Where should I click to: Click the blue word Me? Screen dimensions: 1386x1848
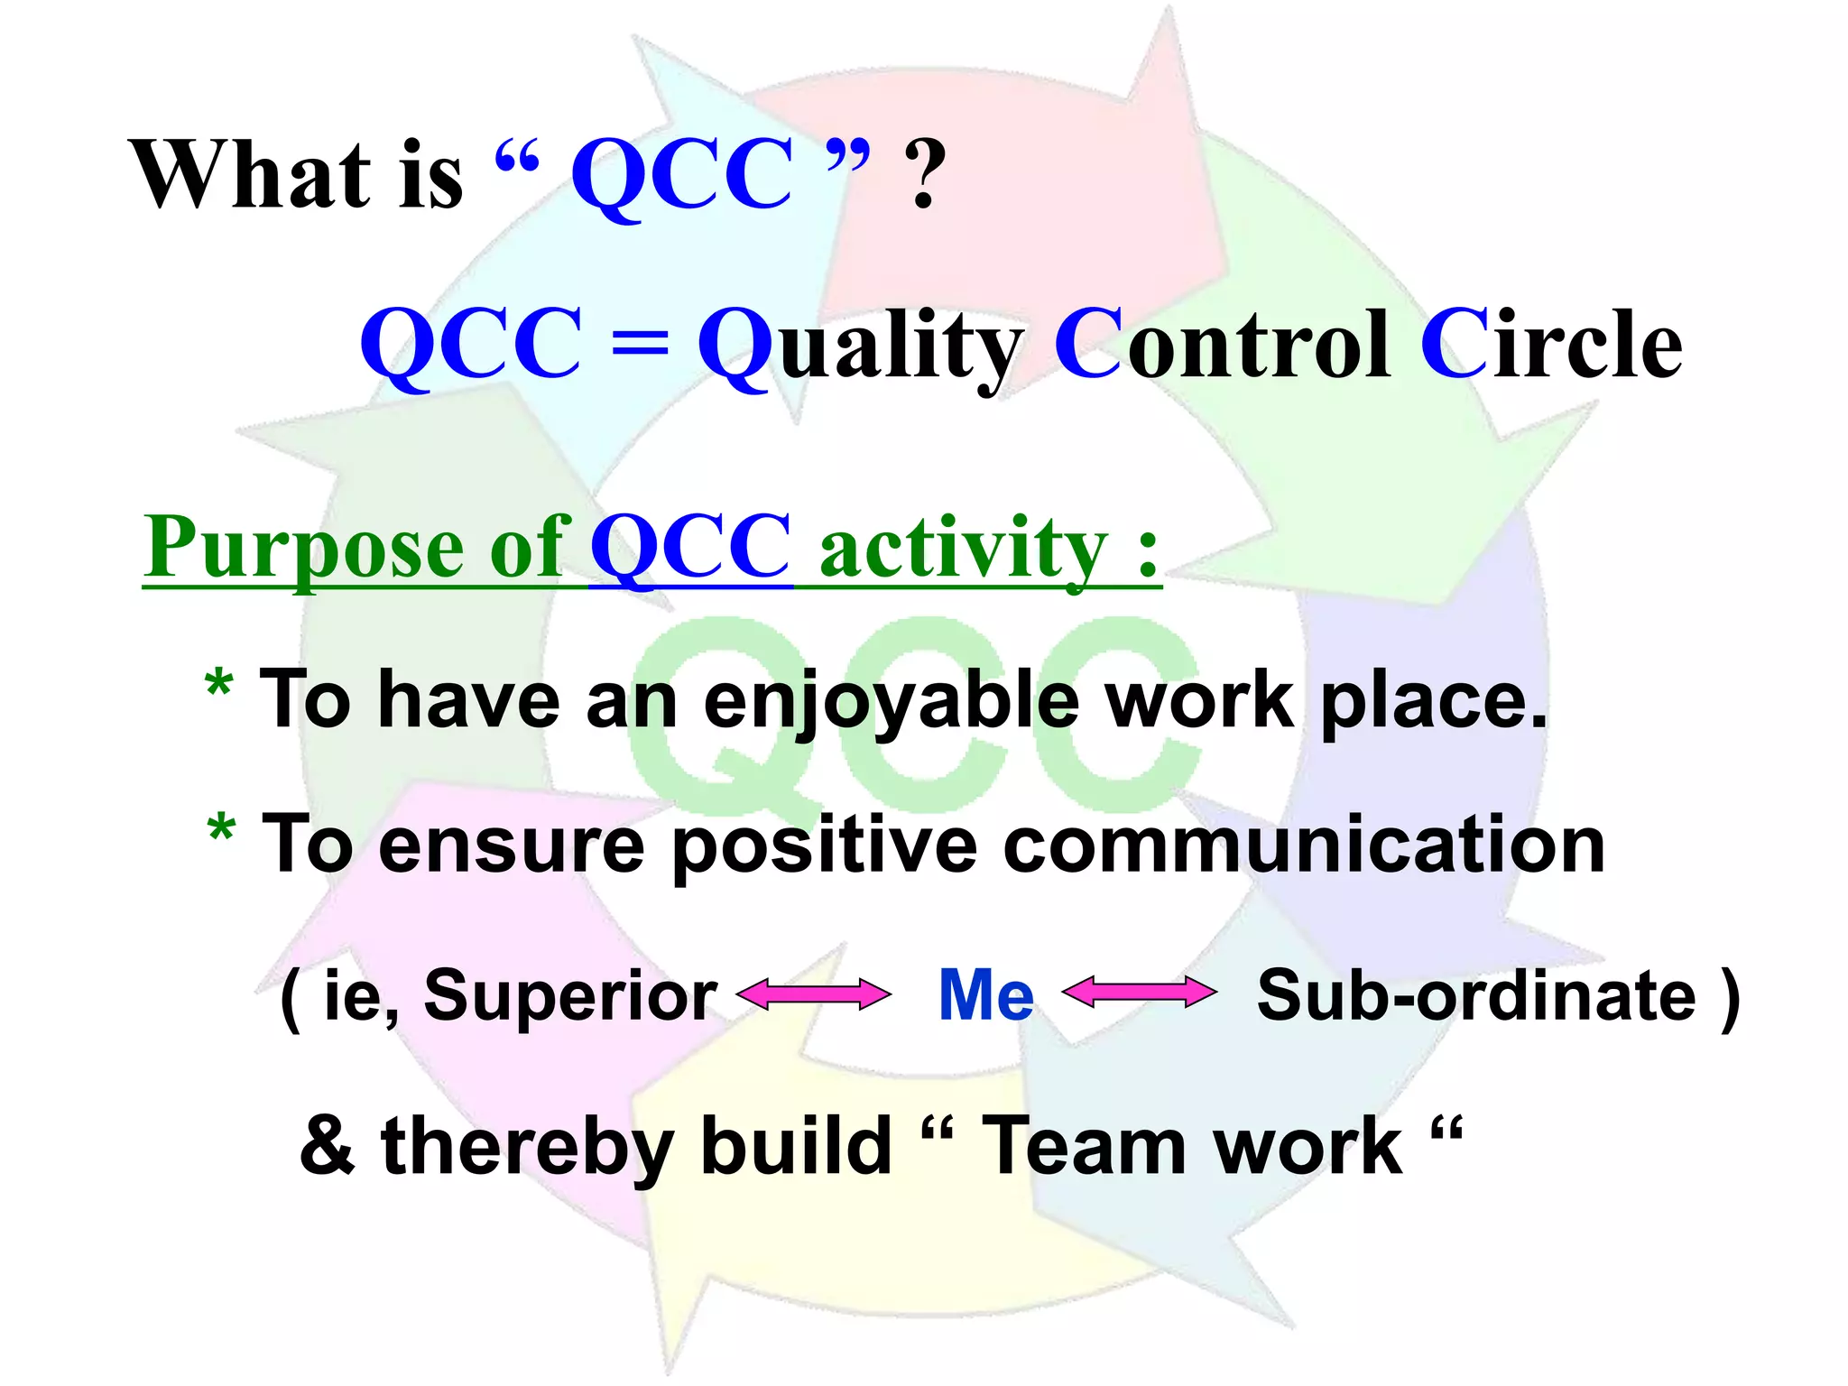(x=985, y=994)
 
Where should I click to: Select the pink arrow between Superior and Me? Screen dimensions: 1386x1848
(x=813, y=994)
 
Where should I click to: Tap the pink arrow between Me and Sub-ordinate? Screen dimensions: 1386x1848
(x=1139, y=993)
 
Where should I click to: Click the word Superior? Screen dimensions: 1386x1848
(x=570, y=996)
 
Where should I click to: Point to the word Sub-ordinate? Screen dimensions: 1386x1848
(x=1476, y=996)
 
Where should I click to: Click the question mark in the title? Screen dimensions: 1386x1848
(x=925, y=176)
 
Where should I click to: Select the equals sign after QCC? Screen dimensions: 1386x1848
(x=639, y=345)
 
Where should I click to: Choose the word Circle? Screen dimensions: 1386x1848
(x=1550, y=345)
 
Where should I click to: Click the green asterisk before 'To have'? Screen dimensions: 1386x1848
(x=218, y=686)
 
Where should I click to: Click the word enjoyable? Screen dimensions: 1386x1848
(x=890, y=702)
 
